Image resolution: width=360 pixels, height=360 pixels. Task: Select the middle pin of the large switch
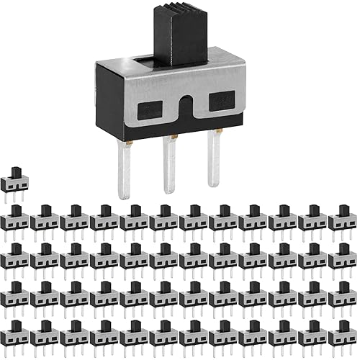[x=168, y=166]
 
